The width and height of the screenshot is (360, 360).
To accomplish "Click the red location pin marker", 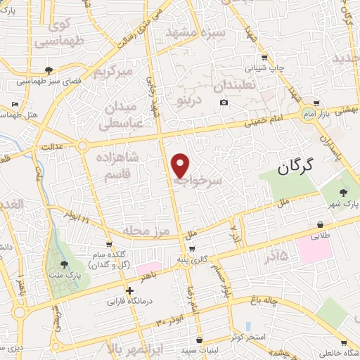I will click(180, 165).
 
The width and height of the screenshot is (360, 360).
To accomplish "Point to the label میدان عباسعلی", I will click(128, 115).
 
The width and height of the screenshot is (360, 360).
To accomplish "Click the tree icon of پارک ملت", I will click(65, 264).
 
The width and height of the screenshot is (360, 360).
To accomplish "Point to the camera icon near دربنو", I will click(224, 103).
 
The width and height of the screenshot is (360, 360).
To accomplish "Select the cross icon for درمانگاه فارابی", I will click(129, 290).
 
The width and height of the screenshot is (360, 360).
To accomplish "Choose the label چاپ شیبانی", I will click(263, 69).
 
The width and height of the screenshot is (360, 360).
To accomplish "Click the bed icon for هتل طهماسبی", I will click(16, 104).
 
